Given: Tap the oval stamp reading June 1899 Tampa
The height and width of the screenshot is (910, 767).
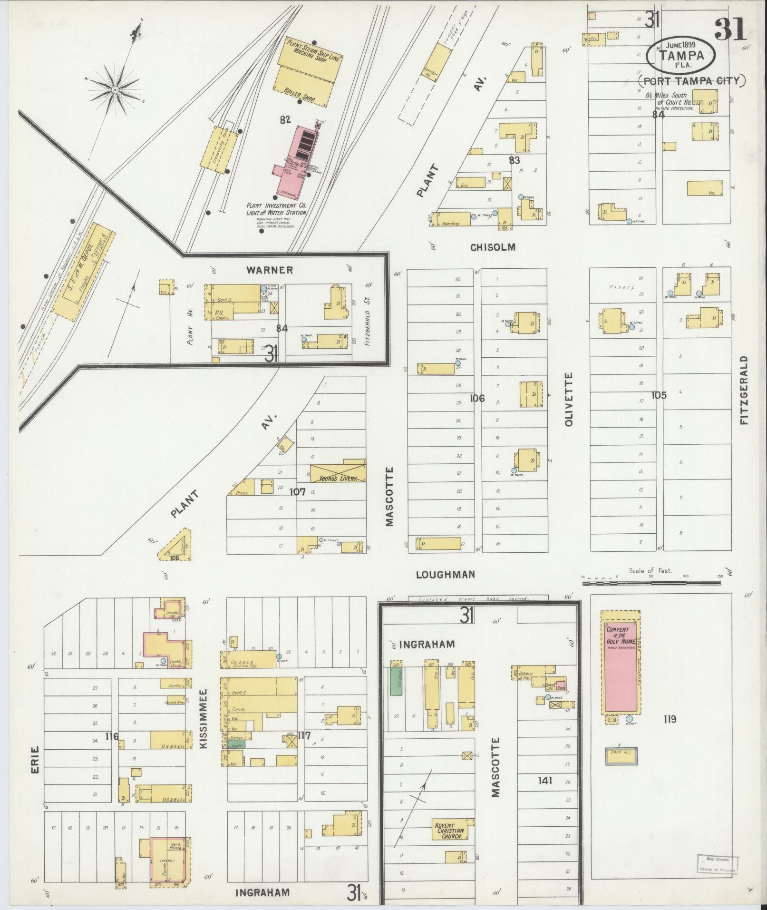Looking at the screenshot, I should pyautogui.click(x=681, y=54).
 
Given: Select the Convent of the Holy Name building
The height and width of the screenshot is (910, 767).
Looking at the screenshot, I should pyautogui.click(x=621, y=668).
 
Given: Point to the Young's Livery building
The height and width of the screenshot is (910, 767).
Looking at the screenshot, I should pyautogui.click(x=338, y=472).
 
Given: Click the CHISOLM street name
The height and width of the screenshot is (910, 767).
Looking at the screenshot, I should pyautogui.click(x=493, y=247).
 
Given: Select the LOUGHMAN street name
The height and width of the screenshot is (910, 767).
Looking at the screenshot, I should pyautogui.click(x=445, y=574).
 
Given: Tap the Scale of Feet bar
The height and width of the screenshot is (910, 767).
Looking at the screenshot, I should pyautogui.click(x=651, y=577).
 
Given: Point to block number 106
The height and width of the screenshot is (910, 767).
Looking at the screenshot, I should pyautogui.click(x=477, y=398).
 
